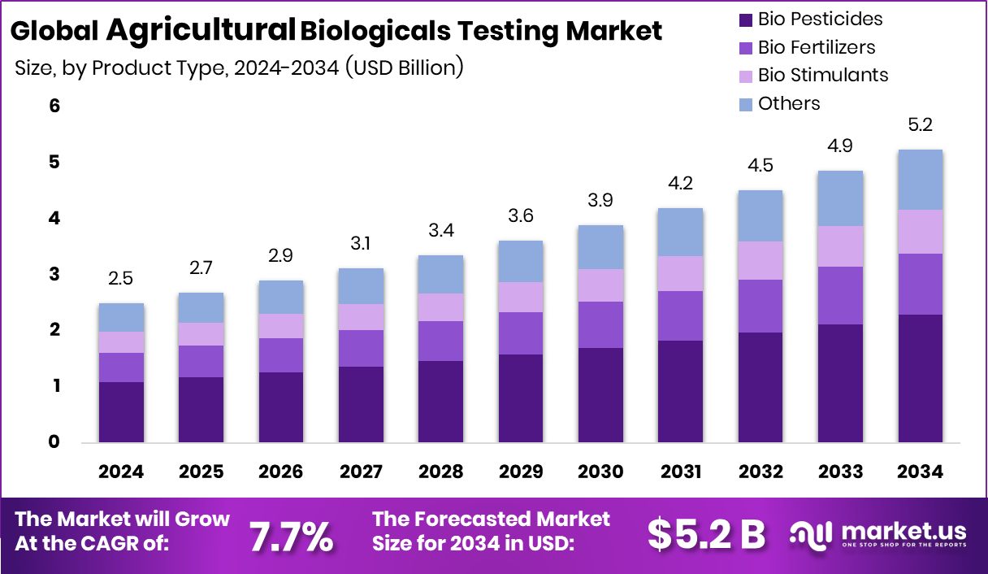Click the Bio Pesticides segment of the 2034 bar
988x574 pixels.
[x=920, y=378]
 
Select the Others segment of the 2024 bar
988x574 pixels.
[x=121, y=317]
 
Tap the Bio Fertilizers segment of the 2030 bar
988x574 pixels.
[x=600, y=324]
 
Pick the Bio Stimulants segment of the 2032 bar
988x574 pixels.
[x=760, y=260]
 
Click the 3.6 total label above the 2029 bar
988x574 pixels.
[x=520, y=216]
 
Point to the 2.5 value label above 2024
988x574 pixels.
[x=121, y=279]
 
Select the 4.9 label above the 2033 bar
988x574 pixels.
[x=839, y=146]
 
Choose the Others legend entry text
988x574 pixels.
[x=789, y=103]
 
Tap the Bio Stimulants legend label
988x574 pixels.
[x=823, y=75]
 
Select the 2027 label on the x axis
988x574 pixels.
[x=361, y=472]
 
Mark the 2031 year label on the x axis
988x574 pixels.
[x=680, y=472]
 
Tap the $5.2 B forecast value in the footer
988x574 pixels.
[x=706, y=534]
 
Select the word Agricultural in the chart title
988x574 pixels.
[x=200, y=30]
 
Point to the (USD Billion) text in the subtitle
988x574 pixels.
[x=404, y=67]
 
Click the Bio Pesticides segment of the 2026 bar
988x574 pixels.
[x=280, y=407]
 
